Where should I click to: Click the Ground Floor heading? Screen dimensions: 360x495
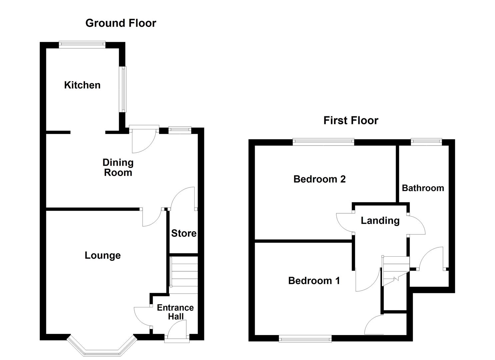click(x=121, y=23)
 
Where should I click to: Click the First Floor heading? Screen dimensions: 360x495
click(x=351, y=120)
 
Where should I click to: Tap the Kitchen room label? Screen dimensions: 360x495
click(x=82, y=85)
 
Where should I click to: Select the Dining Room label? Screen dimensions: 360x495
click(x=118, y=167)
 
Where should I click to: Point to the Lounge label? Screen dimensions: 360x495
click(x=103, y=255)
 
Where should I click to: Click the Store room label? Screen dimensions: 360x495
click(x=184, y=233)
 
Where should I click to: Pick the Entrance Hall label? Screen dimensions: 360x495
click(x=175, y=312)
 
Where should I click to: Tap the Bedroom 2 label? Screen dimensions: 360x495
click(x=319, y=179)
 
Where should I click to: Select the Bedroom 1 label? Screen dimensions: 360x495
click(x=314, y=281)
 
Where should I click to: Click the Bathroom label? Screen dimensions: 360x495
click(x=423, y=188)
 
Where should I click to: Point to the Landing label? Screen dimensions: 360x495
click(x=380, y=220)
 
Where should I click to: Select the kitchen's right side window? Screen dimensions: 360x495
click(x=123, y=89)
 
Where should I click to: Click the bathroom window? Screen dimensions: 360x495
click(x=426, y=142)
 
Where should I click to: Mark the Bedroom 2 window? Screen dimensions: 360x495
click(x=323, y=142)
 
